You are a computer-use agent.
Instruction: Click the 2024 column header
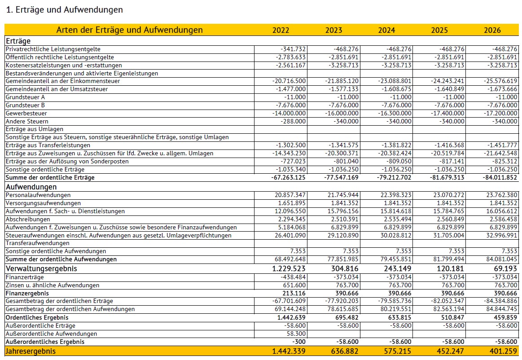(x=386, y=30)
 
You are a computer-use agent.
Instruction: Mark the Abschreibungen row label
(x=28, y=220)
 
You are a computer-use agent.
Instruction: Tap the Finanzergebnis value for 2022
(x=292, y=293)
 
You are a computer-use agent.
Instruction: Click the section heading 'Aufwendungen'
(x=31, y=186)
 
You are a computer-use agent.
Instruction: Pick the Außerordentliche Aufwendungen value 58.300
(x=296, y=334)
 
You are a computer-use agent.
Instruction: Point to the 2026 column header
(x=492, y=30)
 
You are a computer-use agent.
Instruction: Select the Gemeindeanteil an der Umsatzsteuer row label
(x=57, y=89)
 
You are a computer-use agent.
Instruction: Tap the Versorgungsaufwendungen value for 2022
(x=292, y=203)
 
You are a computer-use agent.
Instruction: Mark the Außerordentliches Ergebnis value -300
(x=299, y=342)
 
